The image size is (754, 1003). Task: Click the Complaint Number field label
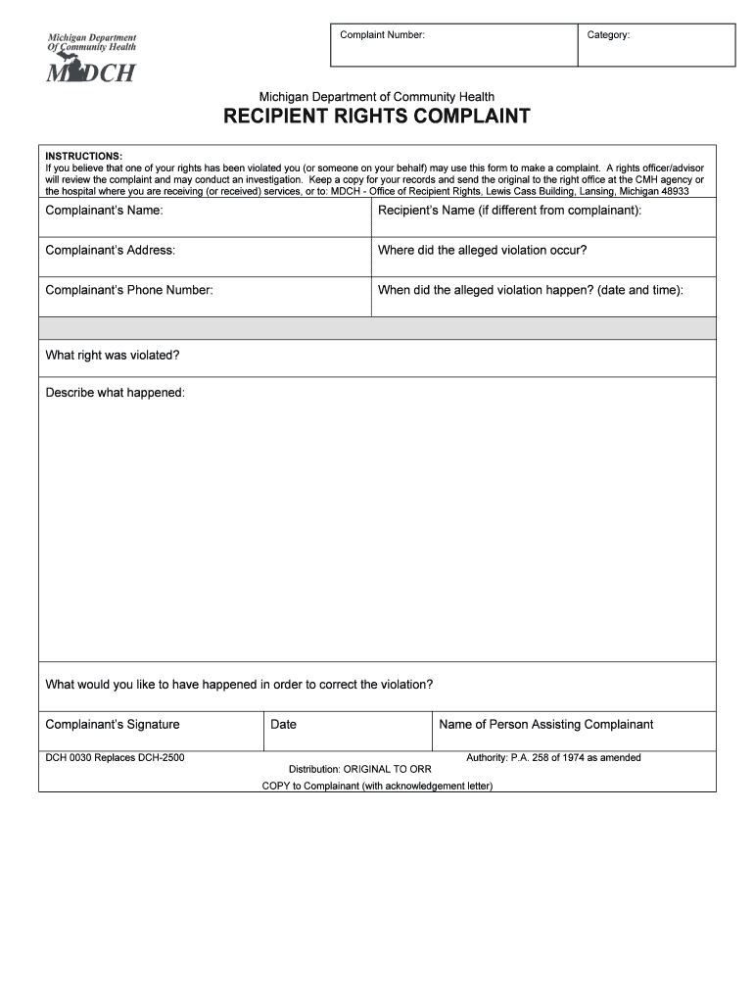point(382,35)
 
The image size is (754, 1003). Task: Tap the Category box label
point(608,35)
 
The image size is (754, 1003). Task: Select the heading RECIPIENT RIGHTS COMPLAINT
point(377,117)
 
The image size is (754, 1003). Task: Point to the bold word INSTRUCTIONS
point(84,156)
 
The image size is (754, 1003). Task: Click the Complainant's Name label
point(104,211)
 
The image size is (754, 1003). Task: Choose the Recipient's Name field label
point(509,211)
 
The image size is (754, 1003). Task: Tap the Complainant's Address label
point(110,250)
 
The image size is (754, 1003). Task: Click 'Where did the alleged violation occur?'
point(482,250)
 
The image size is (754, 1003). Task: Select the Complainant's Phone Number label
point(128,290)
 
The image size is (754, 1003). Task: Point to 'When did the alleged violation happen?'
point(531,290)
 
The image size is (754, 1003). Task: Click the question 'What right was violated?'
point(112,355)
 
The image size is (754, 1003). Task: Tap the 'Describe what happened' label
point(115,393)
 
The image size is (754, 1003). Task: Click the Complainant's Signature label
point(113,724)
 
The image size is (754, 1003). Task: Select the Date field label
point(283,725)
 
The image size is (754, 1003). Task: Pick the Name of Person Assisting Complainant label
point(545,724)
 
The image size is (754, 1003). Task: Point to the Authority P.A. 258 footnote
point(553,758)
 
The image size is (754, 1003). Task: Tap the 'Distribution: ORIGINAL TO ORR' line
point(359,769)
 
